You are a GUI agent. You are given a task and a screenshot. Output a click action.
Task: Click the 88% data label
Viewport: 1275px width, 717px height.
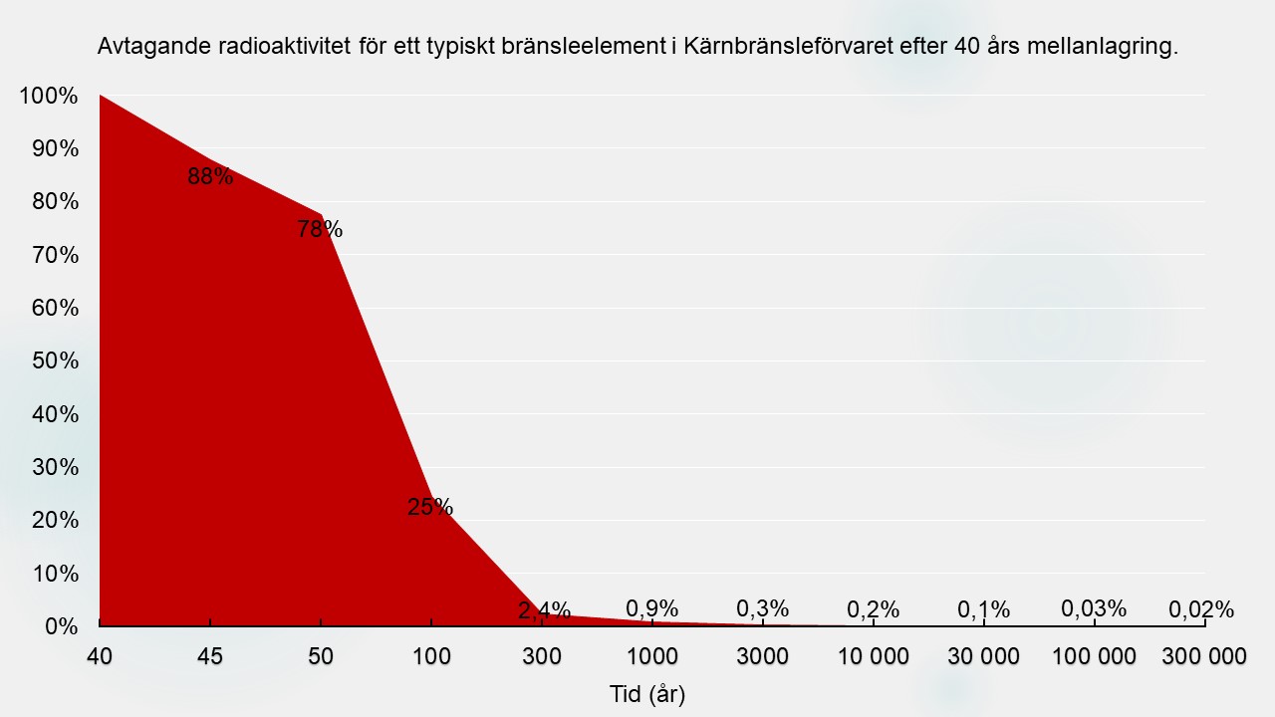click(210, 177)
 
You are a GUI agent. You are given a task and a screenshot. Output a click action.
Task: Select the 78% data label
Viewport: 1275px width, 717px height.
click(320, 229)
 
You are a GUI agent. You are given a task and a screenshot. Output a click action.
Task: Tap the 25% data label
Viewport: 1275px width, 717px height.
click(430, 507)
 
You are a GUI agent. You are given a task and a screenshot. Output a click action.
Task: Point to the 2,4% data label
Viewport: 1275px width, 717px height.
click(544, 610)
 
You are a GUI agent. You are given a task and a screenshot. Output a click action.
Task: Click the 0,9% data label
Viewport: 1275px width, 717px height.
click(652, 608)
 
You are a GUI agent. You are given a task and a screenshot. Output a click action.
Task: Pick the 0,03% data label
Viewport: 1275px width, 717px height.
click(1094, 608)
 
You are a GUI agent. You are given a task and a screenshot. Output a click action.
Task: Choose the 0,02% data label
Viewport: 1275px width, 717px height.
click(1201, 609)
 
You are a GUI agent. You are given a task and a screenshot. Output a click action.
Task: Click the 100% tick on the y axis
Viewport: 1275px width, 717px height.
click(48, 96)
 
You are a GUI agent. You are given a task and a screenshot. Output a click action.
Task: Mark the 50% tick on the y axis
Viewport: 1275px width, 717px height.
click(54, 361)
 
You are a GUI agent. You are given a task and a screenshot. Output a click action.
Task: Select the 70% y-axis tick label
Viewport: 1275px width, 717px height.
click(54, 255)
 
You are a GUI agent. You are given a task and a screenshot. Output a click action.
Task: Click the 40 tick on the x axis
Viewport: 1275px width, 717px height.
click(101, 656)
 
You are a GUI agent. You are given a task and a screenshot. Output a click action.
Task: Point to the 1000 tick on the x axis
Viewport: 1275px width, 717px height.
click(651, 656)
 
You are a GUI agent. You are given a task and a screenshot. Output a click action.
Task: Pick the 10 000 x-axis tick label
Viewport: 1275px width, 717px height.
click(874, 656)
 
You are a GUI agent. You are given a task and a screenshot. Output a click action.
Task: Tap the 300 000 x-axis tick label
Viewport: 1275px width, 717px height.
click(1204, 656)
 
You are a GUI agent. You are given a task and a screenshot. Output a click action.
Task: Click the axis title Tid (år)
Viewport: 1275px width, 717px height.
click(647, 694)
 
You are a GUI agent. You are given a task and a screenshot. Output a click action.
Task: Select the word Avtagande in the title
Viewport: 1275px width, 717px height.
click(144, 47)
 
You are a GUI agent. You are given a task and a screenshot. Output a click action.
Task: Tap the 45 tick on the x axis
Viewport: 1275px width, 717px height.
click(210, 656)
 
